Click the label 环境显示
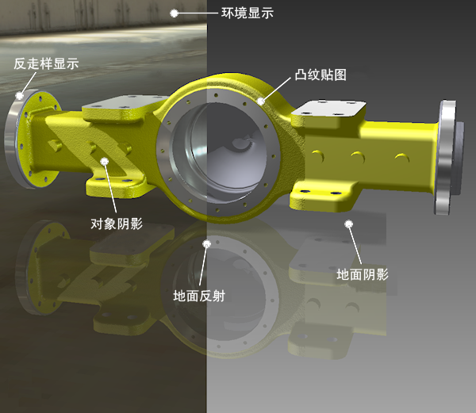(x=248, y=13)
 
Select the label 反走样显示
(x=46, y=63)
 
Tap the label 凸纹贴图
(x=321, y=75)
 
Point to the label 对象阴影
(x=117, y=224)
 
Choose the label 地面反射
(x=199, y=296)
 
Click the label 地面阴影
(x=363, y=274)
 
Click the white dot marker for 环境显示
(x=174, y=13)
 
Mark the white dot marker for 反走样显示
(x=19, y=95)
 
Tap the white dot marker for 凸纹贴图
(x=261, y=101)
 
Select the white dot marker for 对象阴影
(x=105, y=162)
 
